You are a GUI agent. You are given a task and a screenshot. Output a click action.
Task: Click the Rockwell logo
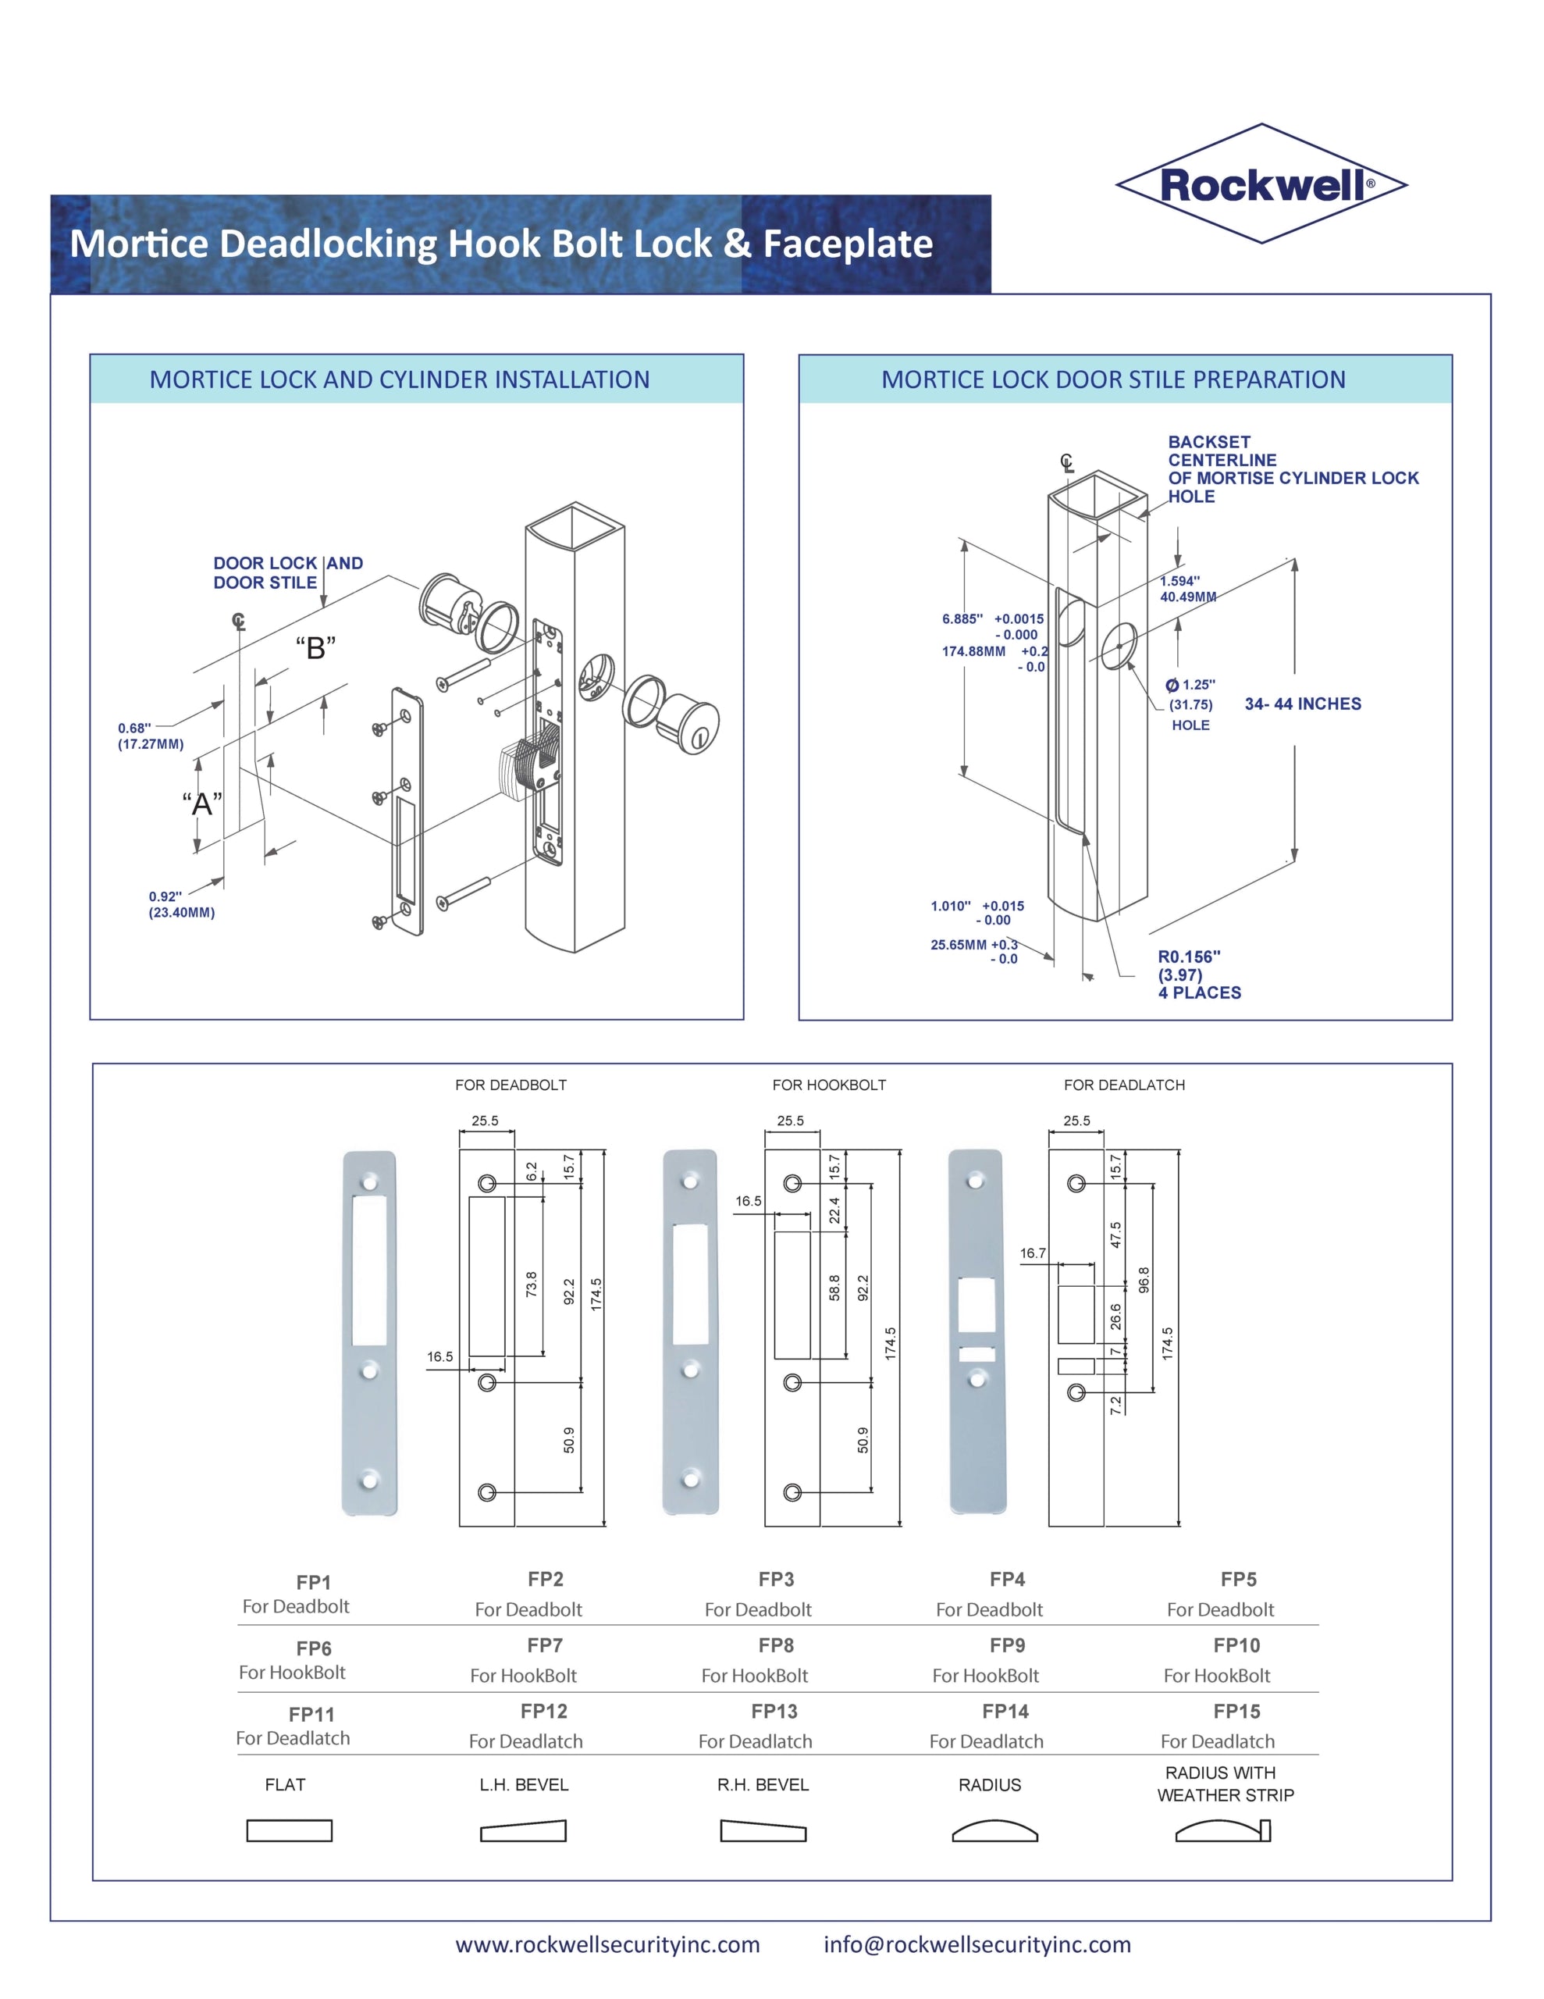[1261, 184]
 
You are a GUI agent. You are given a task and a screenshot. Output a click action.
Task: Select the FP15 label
[1236, 1712]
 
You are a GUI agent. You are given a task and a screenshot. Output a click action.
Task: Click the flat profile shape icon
[290, 1830]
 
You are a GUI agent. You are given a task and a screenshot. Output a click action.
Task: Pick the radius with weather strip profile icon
[1224, 1830]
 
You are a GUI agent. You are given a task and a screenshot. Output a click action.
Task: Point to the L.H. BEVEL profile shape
[524, 1830]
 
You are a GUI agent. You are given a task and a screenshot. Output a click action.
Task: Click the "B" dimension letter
[316, 648]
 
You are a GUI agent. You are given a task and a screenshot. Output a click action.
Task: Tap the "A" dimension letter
[201, 804]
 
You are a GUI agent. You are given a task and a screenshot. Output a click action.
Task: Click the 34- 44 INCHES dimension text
[1302, 704]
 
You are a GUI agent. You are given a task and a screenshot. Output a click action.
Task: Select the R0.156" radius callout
[1189, 957]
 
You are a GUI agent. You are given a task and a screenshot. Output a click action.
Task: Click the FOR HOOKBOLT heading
[829, 1085]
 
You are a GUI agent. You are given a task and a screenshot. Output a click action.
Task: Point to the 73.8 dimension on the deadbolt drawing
[532, 1283]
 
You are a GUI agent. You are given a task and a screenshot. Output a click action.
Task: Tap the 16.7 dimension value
[1033, 1253]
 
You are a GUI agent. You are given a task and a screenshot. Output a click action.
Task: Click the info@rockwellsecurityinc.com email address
[977, 1944]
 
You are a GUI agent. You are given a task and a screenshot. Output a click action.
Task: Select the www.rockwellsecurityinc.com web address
[608, 1944]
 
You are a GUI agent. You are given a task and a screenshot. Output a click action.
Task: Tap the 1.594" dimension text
[1179, 581]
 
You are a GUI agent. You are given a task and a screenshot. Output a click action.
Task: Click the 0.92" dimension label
[165, 897]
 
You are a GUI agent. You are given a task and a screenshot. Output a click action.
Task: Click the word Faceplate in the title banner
[848, 244]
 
